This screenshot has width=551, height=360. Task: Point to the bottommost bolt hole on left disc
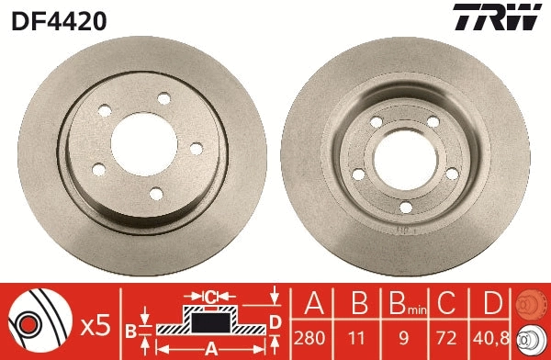coord(155,192)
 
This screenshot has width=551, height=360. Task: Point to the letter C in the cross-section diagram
coord(209,297)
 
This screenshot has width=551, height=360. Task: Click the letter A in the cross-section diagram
coord(209,348)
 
